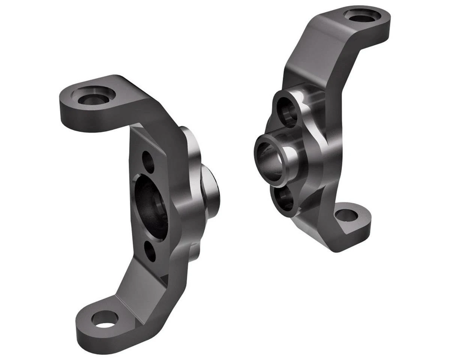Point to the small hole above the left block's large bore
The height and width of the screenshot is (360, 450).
coord(149,162)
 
